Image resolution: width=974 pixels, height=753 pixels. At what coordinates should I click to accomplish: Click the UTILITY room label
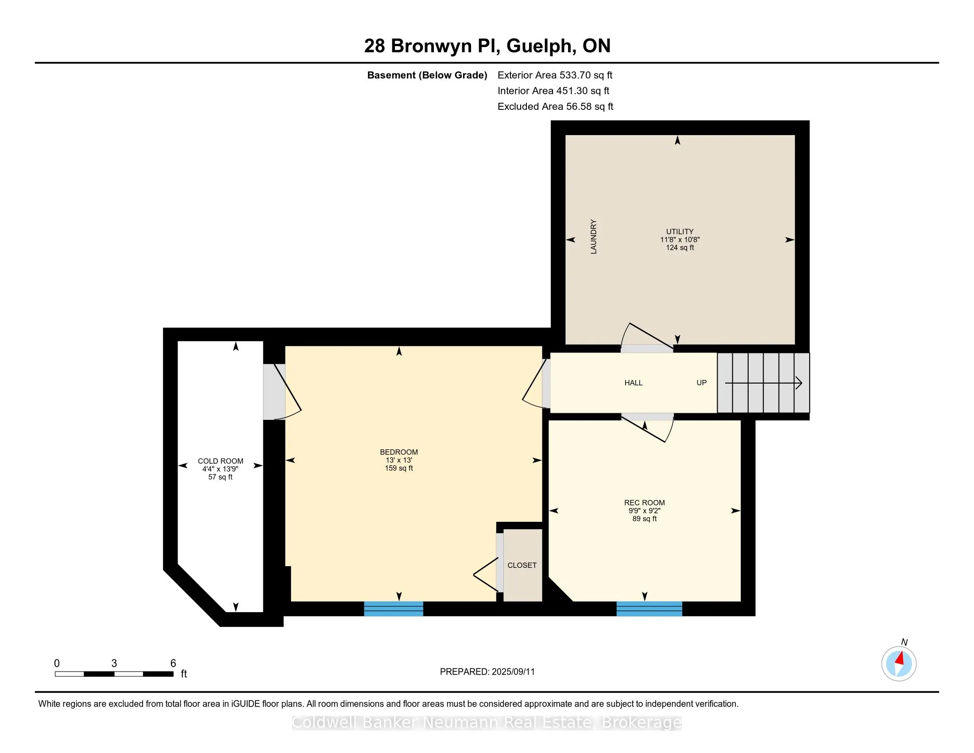coord(680,232)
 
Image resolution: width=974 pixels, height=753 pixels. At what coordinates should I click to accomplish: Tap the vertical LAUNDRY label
coord(594,237)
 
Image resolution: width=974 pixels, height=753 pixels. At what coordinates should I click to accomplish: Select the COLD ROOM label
coord(220,461)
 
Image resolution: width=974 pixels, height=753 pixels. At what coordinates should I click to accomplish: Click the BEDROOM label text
coord(399,452)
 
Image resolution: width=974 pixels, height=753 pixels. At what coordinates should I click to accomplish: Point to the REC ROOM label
coord(645,503)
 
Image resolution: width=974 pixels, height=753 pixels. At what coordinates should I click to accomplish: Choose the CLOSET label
coord(522,565)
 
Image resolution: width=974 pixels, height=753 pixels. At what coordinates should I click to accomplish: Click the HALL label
coord(633,383)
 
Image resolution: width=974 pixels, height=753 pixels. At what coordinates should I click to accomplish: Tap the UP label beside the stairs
coord(702,383)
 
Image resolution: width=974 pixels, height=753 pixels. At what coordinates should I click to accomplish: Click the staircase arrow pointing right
coord(764,383)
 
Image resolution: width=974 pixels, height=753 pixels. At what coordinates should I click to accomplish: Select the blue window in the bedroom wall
coord(393,609)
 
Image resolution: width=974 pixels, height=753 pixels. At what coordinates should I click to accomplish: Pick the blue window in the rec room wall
coord(649,609)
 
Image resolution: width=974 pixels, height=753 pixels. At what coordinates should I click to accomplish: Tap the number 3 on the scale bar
coord(114,664)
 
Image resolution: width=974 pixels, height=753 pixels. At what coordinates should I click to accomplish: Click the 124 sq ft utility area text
coord(680,248)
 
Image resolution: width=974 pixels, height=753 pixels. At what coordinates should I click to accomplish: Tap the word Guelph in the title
coord(540,47)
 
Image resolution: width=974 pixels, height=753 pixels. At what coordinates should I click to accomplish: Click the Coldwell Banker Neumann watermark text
coord(487,723)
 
